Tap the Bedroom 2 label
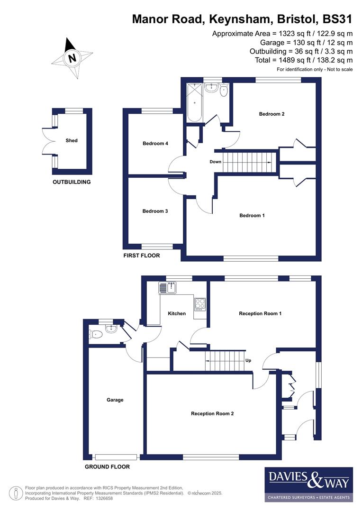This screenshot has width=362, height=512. [271, 114]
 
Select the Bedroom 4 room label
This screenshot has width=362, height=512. [155, 144]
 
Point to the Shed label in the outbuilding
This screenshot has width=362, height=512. [72, 140]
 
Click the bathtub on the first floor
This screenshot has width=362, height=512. [194, 103]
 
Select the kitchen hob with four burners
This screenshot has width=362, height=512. [199, 303]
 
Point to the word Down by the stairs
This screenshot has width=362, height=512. [216, 162]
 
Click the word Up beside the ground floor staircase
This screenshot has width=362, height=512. [248, 360]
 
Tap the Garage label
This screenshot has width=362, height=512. [115, 400]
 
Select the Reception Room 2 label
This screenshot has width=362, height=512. [212, 413]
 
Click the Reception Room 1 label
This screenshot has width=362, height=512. [260, 313]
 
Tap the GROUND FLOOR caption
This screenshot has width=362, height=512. [107, 466]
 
